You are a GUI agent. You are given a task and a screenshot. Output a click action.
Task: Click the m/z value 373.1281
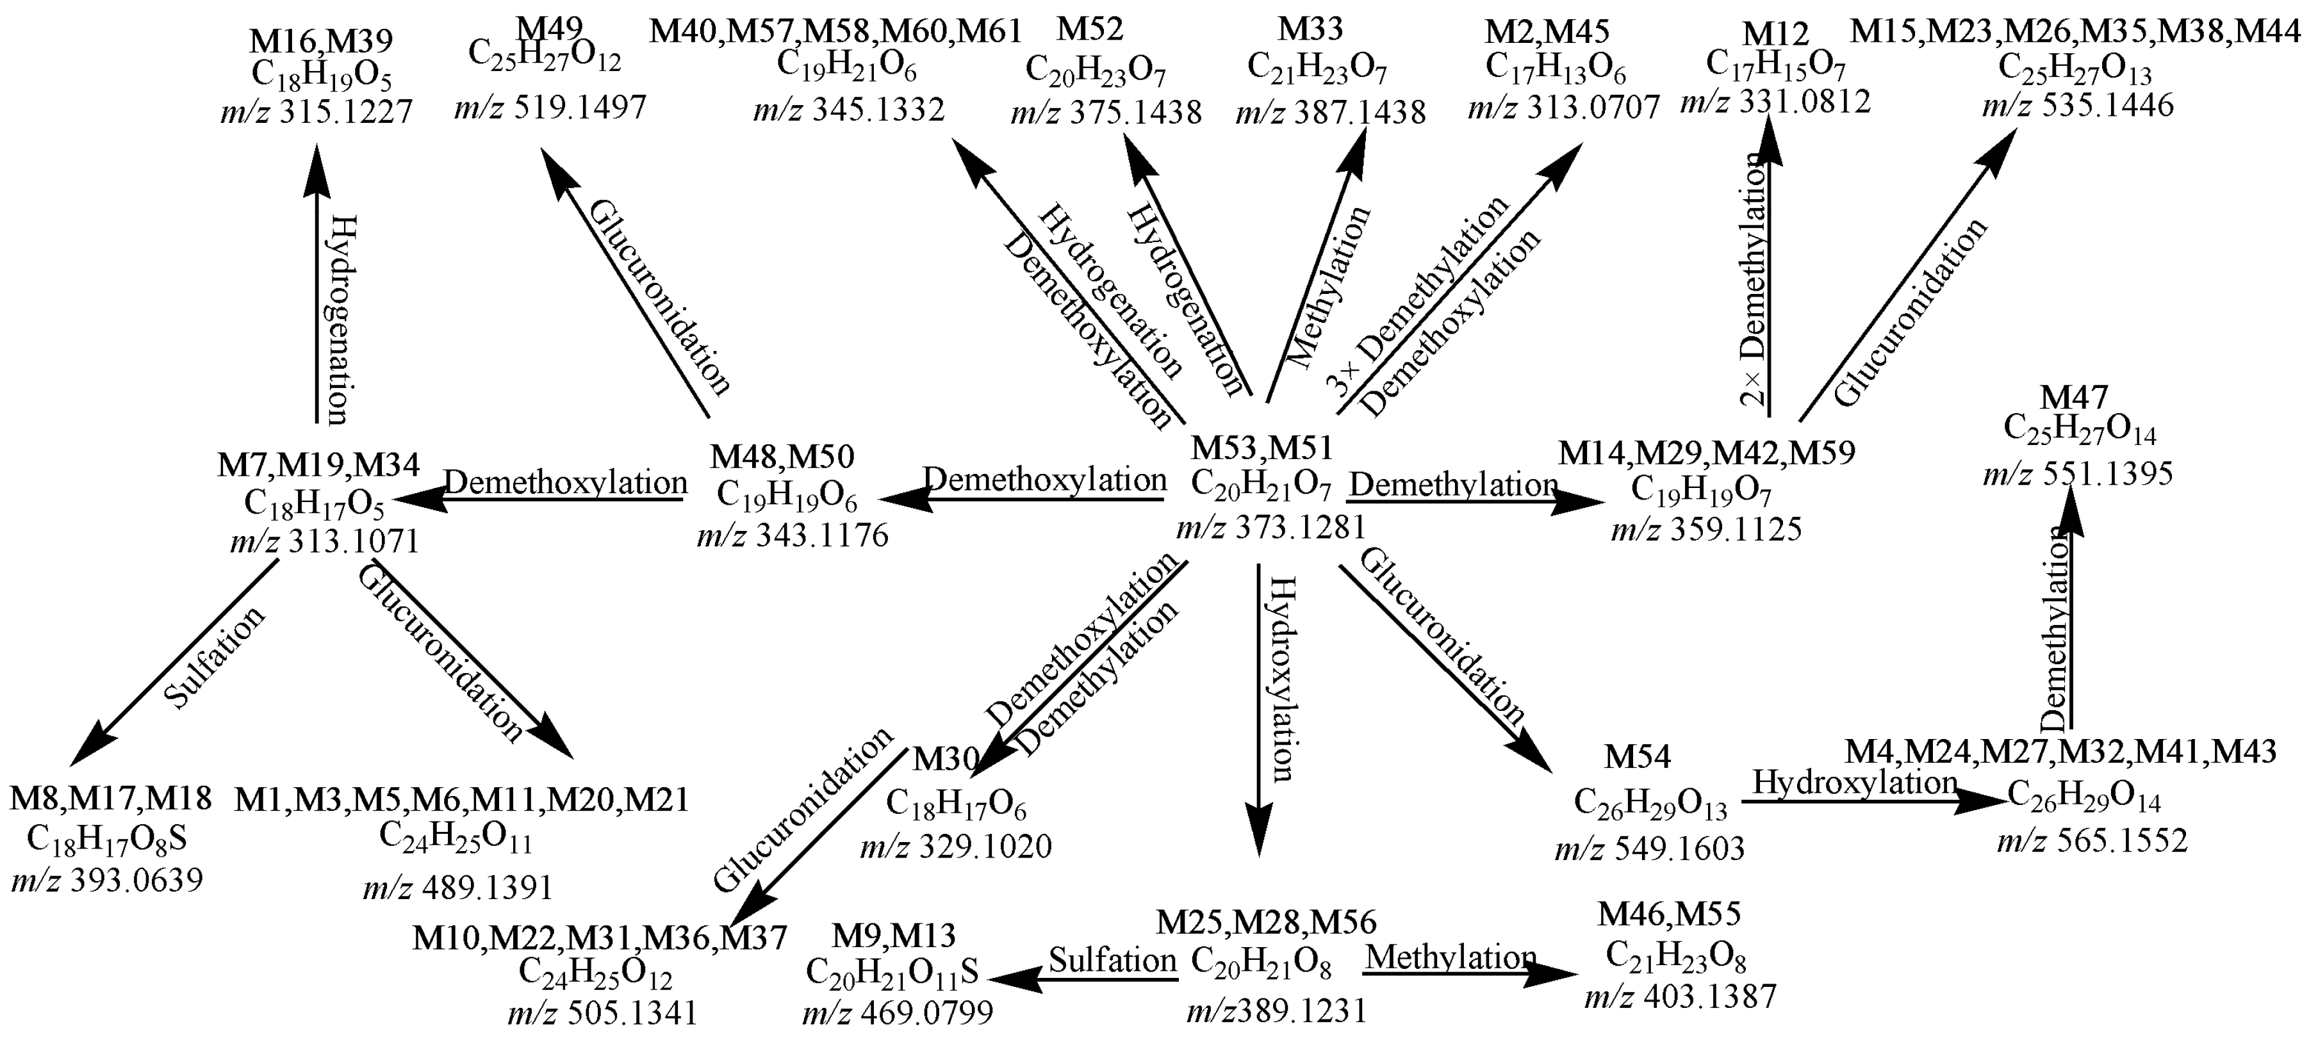point(1270,526)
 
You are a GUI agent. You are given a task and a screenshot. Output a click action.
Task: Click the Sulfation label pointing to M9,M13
point(1113,960)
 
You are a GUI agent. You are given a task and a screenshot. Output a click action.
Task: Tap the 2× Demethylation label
point(1753,280)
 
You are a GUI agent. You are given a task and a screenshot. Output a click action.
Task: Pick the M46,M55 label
point(1669,914)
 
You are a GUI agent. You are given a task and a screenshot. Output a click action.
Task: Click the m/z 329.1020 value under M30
point(956,847)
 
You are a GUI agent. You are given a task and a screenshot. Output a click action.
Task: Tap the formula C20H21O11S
point(892,974)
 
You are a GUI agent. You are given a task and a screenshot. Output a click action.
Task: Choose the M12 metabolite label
point(1775,34)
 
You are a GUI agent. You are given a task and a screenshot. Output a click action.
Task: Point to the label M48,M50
point(782,457)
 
